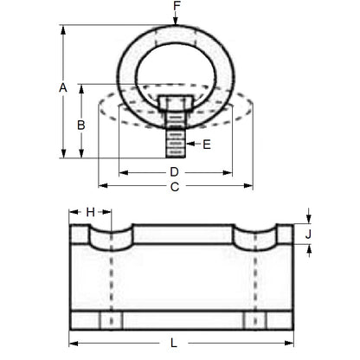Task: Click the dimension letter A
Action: tap(62, 88)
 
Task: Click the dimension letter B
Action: tap(80, 124)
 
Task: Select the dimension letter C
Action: tap(175, 186)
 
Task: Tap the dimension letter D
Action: tap(175, 172)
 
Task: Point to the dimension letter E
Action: tap(207, 145)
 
